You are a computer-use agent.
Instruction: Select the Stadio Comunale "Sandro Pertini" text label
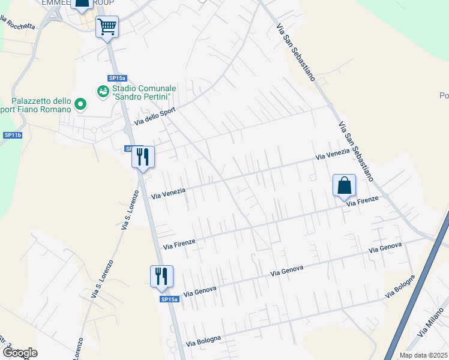(142, 92)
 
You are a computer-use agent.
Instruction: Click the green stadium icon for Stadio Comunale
(103, 91)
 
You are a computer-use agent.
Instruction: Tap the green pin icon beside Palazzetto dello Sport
(80, 106)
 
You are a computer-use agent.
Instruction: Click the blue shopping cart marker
(107, 27)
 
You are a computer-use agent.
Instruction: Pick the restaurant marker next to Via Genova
(161, 277)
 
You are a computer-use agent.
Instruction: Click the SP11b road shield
(13, 136)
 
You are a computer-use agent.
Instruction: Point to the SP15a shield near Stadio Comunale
(117, 78)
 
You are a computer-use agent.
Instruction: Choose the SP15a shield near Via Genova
(169, 299)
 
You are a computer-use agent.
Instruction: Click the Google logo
(19, 353)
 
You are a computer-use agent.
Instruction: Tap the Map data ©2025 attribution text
(423, 355)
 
